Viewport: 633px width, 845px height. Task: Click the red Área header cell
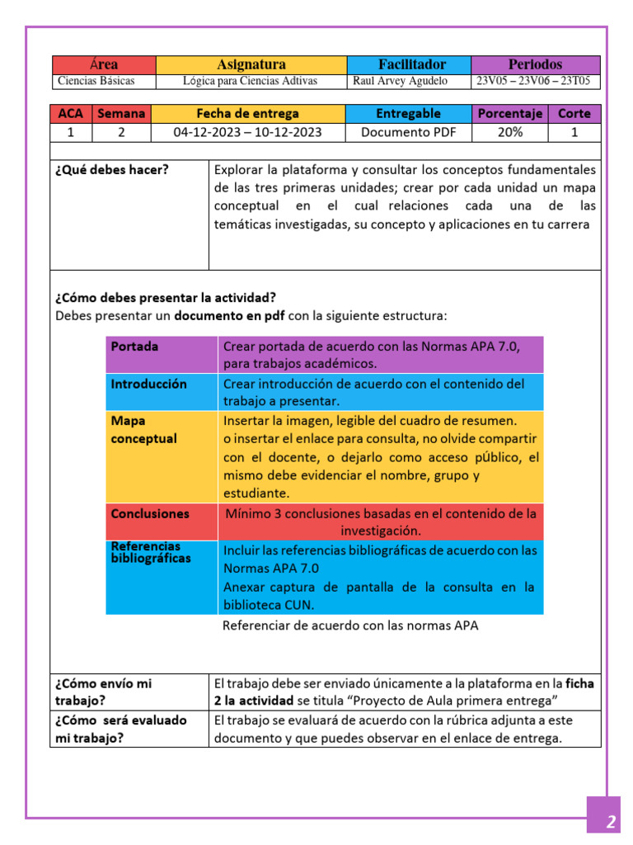pyautogui.click(x=104, y=64)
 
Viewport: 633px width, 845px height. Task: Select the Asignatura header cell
pyautogui.click(x=251, y=64)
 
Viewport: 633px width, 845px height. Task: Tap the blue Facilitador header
pyautogui.click(x=409, y=64)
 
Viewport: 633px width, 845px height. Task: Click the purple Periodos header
pyautogui.click(x=535, y=64)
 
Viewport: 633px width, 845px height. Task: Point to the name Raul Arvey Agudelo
pyautogui.click(x=400, y=81)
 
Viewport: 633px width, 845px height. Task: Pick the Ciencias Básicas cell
pyautogui.click(x=96, y=81)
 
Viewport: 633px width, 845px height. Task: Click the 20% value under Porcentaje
pyautogui.click(x=509, y=132)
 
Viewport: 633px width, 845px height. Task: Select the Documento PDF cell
pyautogui.click(x=408, y=132)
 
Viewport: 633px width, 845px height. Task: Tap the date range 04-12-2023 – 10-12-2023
pyautogui.click(x=247, y=132)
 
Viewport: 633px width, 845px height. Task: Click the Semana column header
pyautogui.click(x=121, y=114)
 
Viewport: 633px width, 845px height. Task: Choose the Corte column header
pyautogui.click(x=574, y=114)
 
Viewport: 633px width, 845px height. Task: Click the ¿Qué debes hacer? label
pyautogui.click(x=112, y=170)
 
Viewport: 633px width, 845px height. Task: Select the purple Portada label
pyautogui.click(x=135, y=347)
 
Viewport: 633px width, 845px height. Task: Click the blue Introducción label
pyautogui.click(x=149, y=384)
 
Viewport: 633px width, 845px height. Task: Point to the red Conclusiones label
pyautogui.click(x=150, y=513)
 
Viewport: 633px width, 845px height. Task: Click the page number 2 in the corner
pyautogui.click(x=611, y=821)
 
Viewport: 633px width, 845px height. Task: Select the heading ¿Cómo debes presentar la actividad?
pyautogui.click(x=166, y=298)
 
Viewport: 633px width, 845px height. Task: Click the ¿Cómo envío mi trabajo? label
pyautogui.click(x=104, y=692)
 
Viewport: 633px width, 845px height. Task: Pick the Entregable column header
pyautogui.click(x=408, y=114)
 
